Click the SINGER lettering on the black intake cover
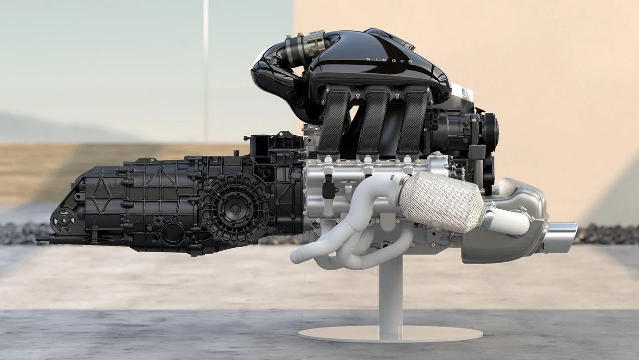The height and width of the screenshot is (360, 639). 389,60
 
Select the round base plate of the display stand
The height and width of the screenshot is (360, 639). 390,333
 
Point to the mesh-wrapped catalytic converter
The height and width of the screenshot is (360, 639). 442,197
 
